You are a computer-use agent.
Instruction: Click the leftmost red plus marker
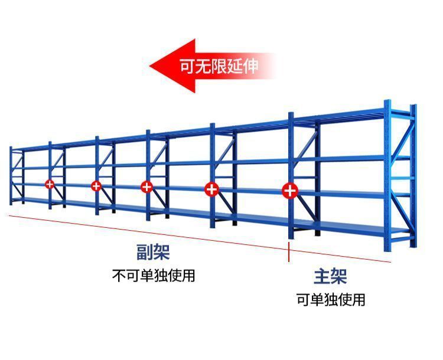tap(50, 184)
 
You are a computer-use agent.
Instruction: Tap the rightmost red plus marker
tap(289, 191)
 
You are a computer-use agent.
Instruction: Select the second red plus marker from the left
tap(96, 186)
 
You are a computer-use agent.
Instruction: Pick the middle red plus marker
tap(146, 187)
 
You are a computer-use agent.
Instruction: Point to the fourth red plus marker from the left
tap(211, 189)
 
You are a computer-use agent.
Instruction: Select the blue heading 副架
tap(153, 253)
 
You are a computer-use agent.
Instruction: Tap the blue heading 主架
tap(330, 276)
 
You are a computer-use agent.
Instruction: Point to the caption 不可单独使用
tap(153, 275)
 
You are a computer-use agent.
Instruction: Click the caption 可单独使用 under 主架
tap(330, 300)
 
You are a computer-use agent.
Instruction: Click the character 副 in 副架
tap(145, 253)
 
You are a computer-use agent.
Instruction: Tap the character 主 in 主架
tap(321, 276)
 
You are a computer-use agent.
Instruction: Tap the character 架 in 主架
tap(338, 276)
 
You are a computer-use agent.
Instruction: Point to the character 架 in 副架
tap(161, 253)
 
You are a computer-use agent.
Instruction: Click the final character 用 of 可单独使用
tap(358, 300)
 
